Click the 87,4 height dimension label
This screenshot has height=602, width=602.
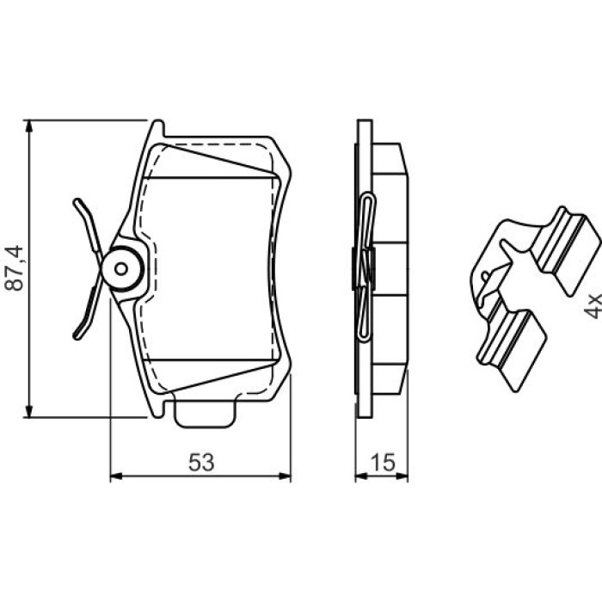(14, 268)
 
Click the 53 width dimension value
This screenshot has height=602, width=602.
(201, 463)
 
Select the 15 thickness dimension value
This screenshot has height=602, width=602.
(383, 463)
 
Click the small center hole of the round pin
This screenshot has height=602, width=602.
(121, 268)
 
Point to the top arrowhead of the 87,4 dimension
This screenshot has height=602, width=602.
(28, 126)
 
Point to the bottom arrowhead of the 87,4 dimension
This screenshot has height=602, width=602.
(28, 411)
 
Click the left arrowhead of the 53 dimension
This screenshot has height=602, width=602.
(116, 476)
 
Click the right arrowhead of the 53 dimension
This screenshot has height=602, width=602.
(285, 476)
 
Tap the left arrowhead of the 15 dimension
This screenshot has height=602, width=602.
(361, 476)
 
